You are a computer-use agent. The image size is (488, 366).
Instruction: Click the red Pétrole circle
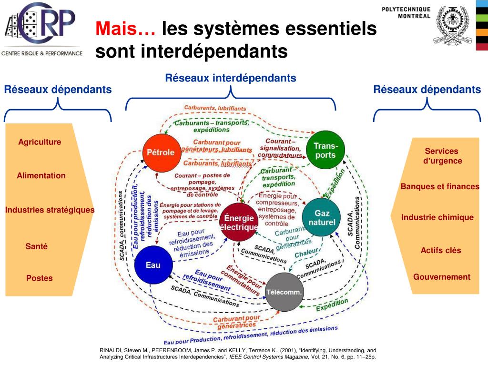[x=160, y=152]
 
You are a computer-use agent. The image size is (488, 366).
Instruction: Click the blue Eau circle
[x=152, y=265]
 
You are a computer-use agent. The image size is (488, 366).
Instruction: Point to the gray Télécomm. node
[x=284, y=292]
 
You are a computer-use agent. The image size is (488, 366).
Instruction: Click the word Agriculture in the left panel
[x=40, y=142]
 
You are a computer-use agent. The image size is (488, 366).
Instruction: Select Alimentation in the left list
[x=41, y=175]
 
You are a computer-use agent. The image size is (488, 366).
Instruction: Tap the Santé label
[x=37, y=246]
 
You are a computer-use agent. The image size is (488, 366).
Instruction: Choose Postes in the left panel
[x=39, y=278]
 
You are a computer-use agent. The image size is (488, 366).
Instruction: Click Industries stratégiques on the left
[x=50, y=210]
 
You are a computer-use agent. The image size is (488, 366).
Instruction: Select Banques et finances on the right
[x=440, y=186]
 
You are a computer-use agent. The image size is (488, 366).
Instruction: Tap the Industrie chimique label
[x=437, y=217]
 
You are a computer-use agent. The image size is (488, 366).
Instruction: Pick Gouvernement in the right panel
[x=441, y=277]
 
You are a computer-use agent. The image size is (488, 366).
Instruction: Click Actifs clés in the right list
[x=441, y=250]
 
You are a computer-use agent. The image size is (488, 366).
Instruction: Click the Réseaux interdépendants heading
[x=231, y=78]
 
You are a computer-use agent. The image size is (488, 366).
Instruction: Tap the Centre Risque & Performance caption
[x=42, y=53]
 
